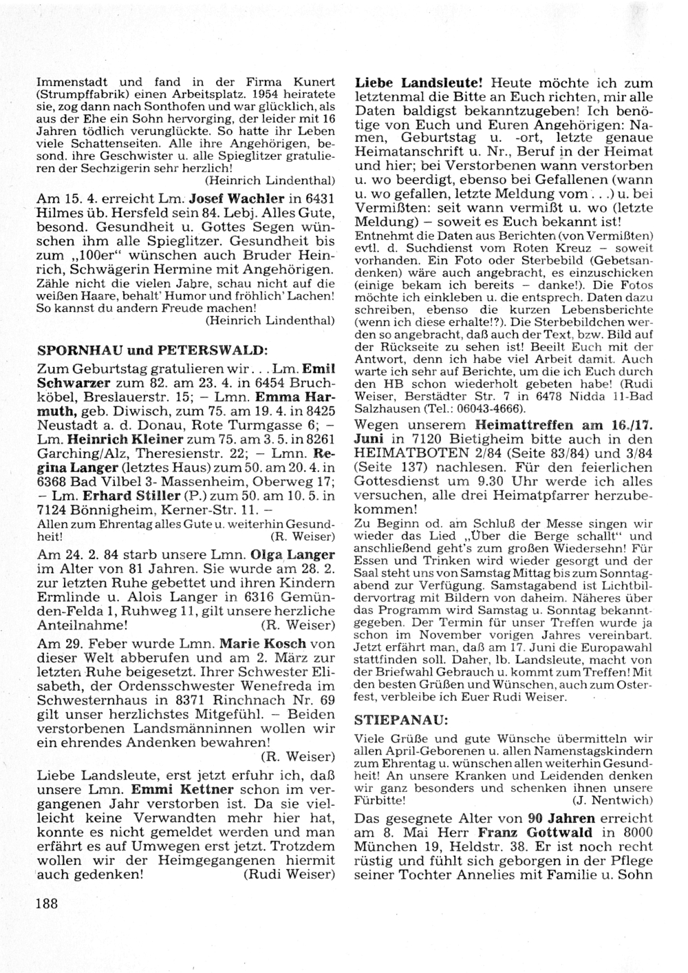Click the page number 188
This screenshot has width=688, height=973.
47,903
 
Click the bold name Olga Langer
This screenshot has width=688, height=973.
294,554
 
